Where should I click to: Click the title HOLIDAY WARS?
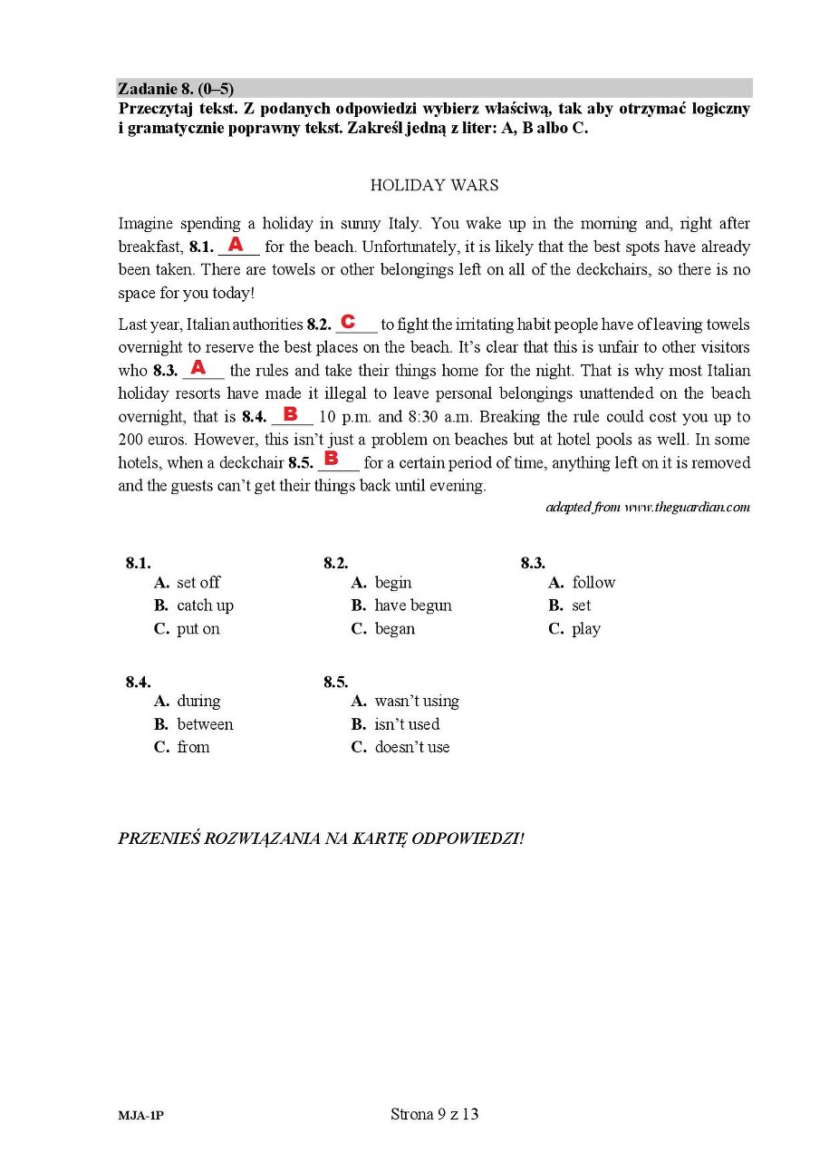(x=434, y=185)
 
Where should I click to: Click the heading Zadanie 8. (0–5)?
(x=176, y=89)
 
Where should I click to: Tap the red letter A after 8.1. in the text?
(x=236, y=245)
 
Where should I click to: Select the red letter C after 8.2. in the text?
(x=347, y=322)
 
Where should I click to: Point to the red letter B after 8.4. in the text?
(x=290, y=414)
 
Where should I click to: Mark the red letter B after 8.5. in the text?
(x=331, y=459)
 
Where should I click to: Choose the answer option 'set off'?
(x=198, y=583)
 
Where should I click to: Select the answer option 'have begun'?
(x=412, y=606)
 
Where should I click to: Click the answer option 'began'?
(x=394, y=629)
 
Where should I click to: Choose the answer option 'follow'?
(x=593, y=583)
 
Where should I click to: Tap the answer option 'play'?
(x=586, y=629)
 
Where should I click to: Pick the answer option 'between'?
(x=205, y=724)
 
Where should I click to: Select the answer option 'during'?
(x=198, y=701)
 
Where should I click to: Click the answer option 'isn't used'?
(x=407, y=724)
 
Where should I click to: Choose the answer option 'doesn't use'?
(x=411, y=747)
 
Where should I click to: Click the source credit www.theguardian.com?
(x=687, y=508)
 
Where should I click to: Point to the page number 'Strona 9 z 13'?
(x=434, y=1114)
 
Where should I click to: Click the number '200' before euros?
(x=131, y=440)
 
